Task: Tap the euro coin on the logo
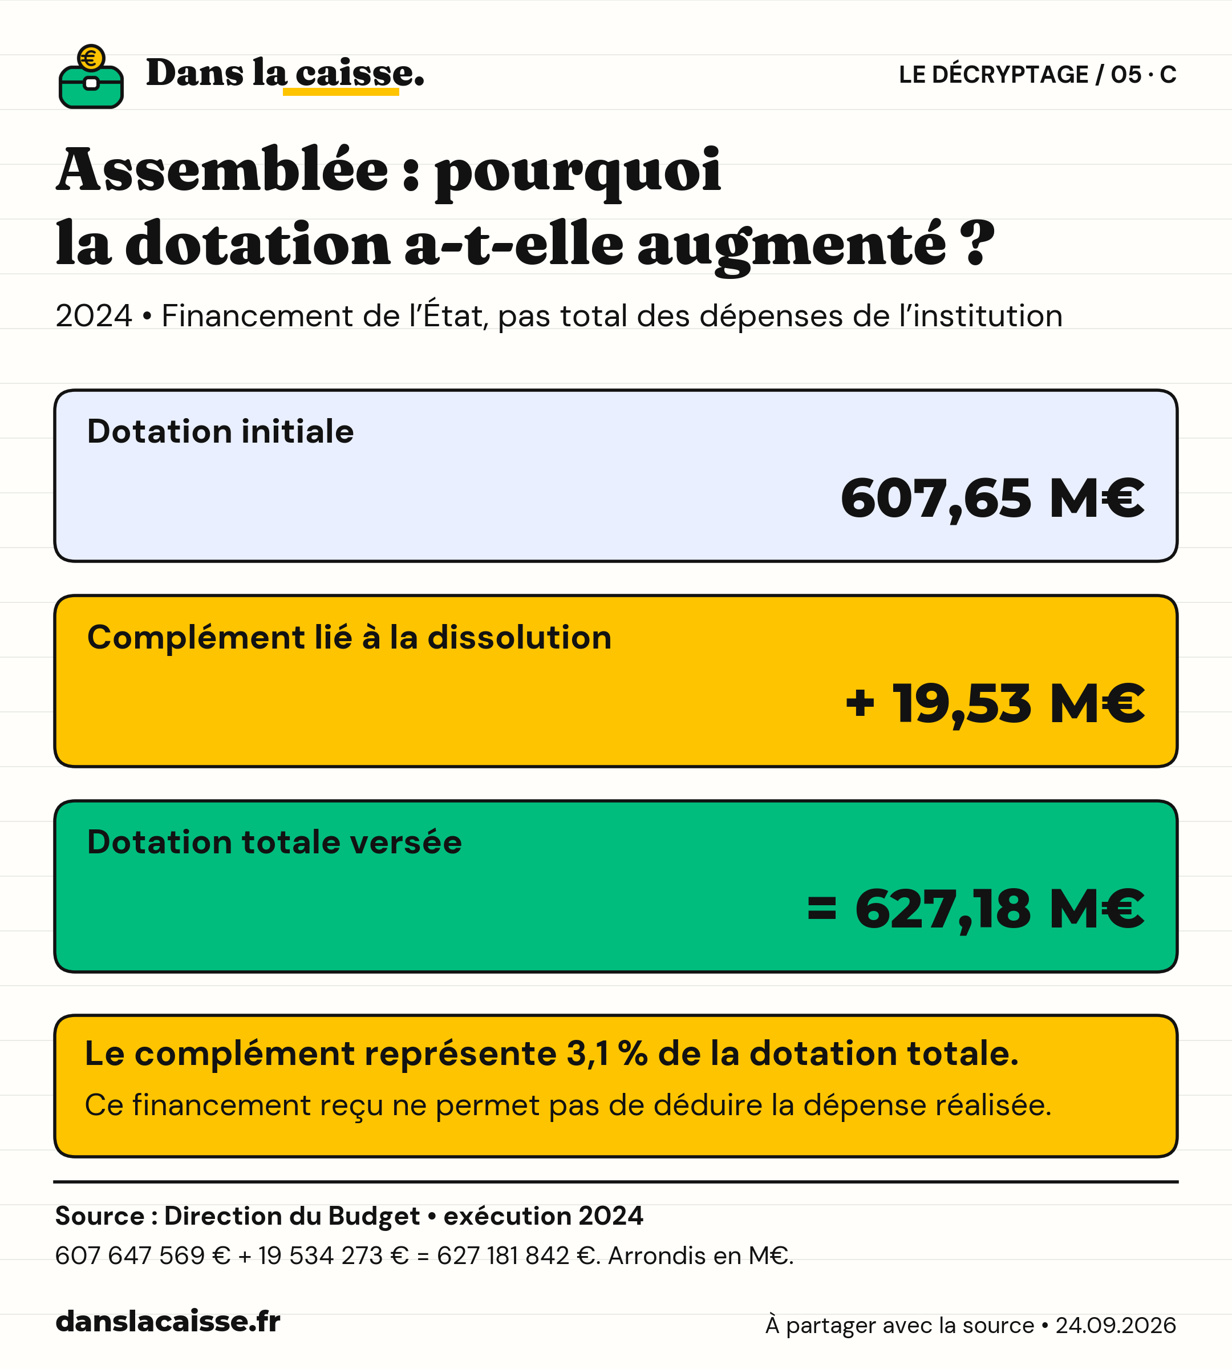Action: (x=91, y=58)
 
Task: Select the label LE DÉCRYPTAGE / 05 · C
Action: (x=1037, y=75)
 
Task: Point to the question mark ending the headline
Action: (x=977, y=242)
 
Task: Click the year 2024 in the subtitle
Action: (x=94, y=316)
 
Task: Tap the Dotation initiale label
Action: (x=220, y=431)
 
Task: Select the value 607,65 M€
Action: (x=992, y=499)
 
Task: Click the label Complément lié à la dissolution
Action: (x=349, y=637)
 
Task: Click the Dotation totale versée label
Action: (x=274, y=843)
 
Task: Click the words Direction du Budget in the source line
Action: (x=292, y=1216)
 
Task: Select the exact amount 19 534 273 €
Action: (x=334, y=1256)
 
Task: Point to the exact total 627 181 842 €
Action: (x=516, y=1256)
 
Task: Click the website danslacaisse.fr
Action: (x=168, y=1322)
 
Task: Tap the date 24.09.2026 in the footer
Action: (x=1116, y=1325)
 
